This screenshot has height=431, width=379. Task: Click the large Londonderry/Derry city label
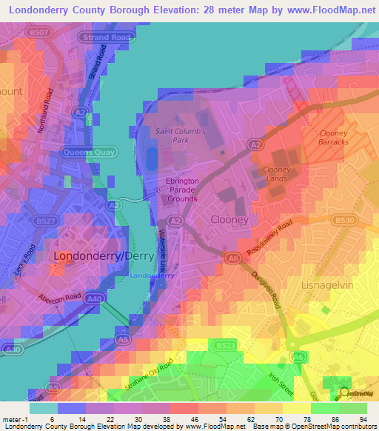pos(94,255)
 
